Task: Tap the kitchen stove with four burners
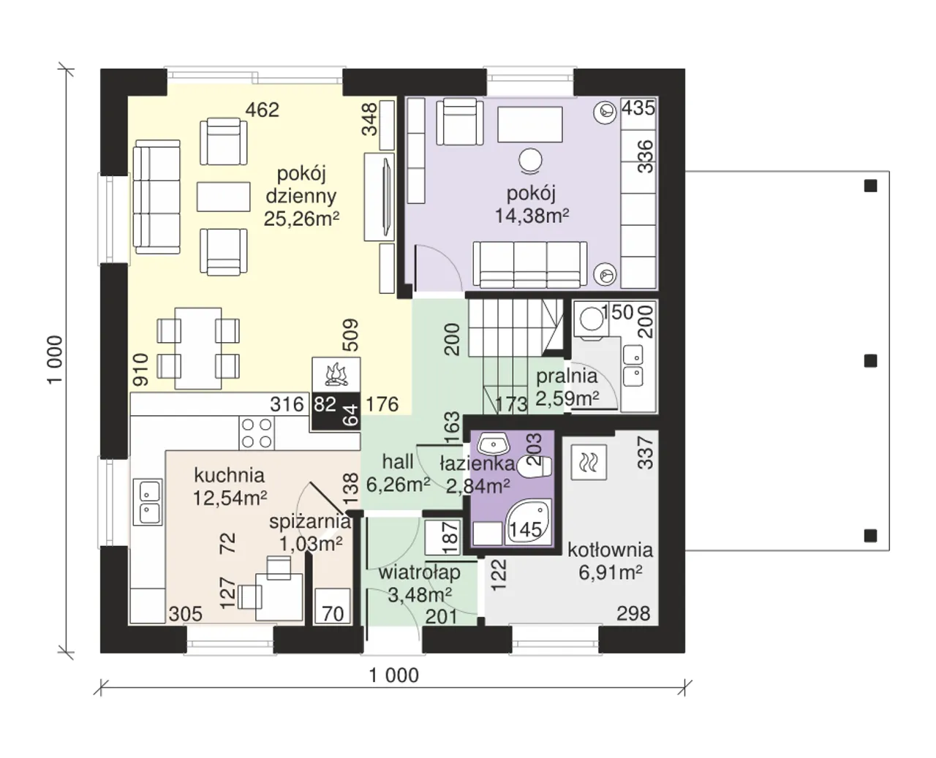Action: click(257, 433)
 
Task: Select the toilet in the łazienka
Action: click(534, 467)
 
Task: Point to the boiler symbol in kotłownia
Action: click(589, 462)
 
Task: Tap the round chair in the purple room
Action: click(530, 161)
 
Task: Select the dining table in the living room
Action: click(198, 348)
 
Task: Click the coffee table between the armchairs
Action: click(223, 197)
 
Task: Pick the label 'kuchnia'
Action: click(230, 475)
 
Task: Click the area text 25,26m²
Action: click(301, 219)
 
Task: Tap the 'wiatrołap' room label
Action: click(419, 572)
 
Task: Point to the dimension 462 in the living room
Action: click(262, 110)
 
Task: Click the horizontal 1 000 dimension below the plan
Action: click(393, 675)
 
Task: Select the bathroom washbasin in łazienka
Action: click(493, 444)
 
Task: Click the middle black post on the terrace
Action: click(870, 361)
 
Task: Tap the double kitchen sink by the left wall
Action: click(150, 501)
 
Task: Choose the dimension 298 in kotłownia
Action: click(633, 613)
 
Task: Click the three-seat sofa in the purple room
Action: click(530, 265)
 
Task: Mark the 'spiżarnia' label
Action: click(310, 522)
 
